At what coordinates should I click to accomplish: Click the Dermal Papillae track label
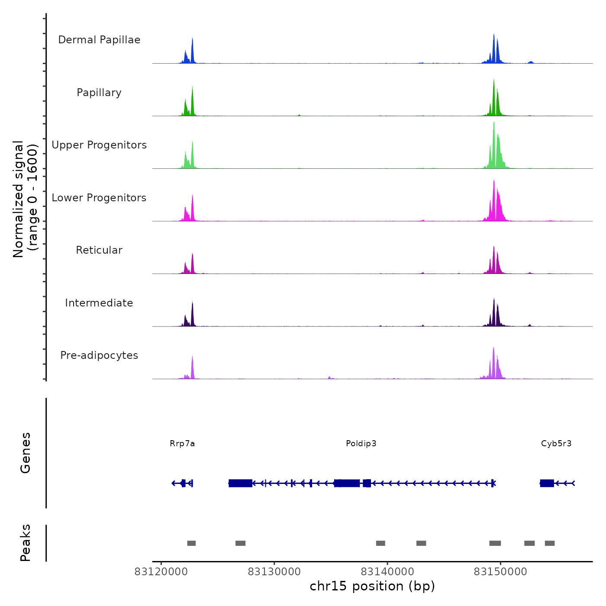pyautogui.click(x=99, y=40)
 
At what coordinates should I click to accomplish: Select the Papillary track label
pyautogui.click(x=99, y=93)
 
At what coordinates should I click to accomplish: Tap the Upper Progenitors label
pyautogui.click(x=99, y=145)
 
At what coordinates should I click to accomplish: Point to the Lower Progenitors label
pyautogui.click(x=99, y=198)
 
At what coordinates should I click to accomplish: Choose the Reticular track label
pyautogui.click(x=99, y=250)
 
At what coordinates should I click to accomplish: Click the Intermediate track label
pyautogui.click(x=99, y=303)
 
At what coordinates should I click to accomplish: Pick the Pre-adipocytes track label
pyautogui.click(x=99, y=355)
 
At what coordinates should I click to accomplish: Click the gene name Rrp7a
pyautogui.click(x=182, y=444)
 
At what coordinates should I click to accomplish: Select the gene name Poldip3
pyautogui.click(x=361, y=444)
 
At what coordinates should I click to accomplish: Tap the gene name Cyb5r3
pyautogui.click(x=556, y=444)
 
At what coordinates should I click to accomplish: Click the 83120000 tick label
pyautogui.click(x=161, y=572)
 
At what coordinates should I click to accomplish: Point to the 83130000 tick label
pyautogui.click(x=274, y=572)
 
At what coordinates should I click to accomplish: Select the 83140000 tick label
pyautogui.click(x=387, y=572)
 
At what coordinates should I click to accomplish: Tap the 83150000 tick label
pyautogui.click(x=500, y=572)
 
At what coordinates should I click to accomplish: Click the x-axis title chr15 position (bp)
pyautogui.click(x=372, y=587)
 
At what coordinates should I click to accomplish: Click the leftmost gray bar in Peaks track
pyautogui.click(x=191, y=543)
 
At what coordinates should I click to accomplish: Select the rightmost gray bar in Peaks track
pyautogui.click(x=550, y=543)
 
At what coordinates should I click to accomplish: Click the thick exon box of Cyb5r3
pyautogui.click(x=547, y=483)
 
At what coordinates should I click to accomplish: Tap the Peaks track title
pyautogui.click(x=25, y=543)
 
